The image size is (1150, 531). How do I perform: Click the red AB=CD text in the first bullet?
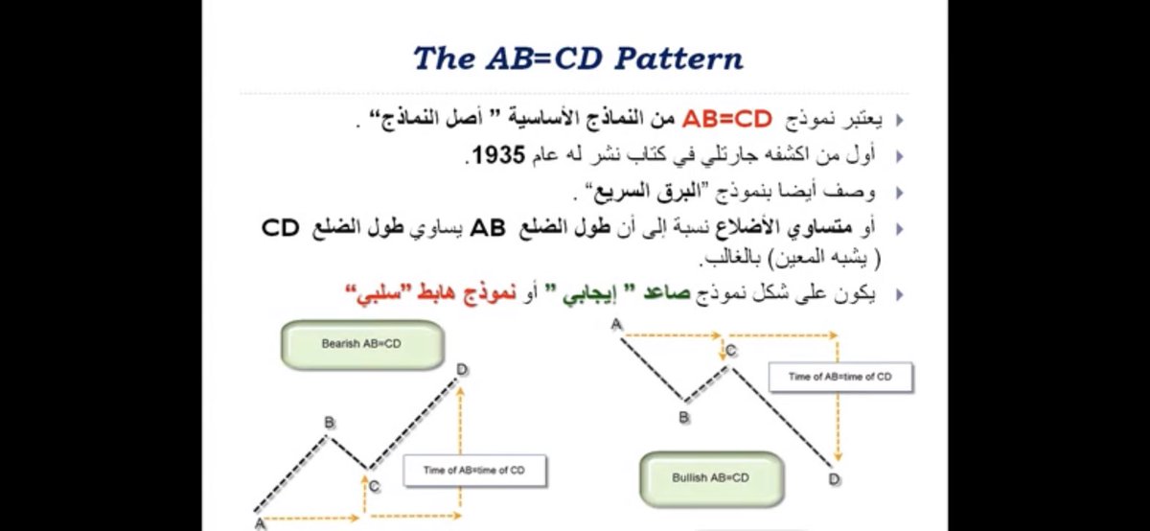726,120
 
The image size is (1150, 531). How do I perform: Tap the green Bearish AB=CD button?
361,344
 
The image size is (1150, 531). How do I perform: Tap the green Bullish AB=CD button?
710,477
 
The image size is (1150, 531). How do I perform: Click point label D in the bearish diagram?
462,370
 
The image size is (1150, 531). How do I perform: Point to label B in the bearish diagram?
329,422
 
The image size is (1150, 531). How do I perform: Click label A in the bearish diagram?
259,522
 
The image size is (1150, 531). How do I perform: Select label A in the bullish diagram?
617,325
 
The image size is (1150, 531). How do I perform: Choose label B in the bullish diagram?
684,417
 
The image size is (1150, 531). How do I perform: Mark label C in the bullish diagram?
731,352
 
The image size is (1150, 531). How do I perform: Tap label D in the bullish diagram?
834,479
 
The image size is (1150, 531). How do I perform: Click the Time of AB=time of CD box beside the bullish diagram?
839,377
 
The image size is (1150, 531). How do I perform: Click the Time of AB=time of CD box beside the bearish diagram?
474,470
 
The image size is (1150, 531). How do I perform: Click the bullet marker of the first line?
899,121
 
